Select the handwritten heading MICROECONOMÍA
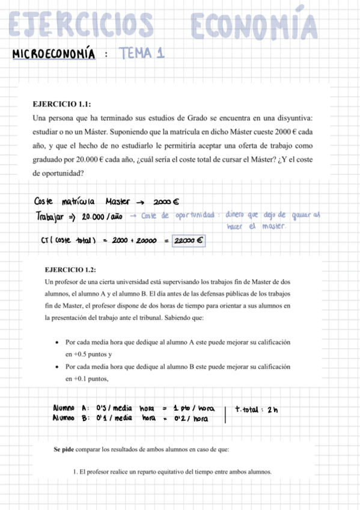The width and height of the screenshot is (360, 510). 53,55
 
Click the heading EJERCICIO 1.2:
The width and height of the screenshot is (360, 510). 70,269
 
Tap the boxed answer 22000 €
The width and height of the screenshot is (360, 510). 189,241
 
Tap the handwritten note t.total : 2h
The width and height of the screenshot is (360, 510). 257,410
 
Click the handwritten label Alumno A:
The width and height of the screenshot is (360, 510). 71,410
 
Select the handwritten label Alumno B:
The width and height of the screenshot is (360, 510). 71,419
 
